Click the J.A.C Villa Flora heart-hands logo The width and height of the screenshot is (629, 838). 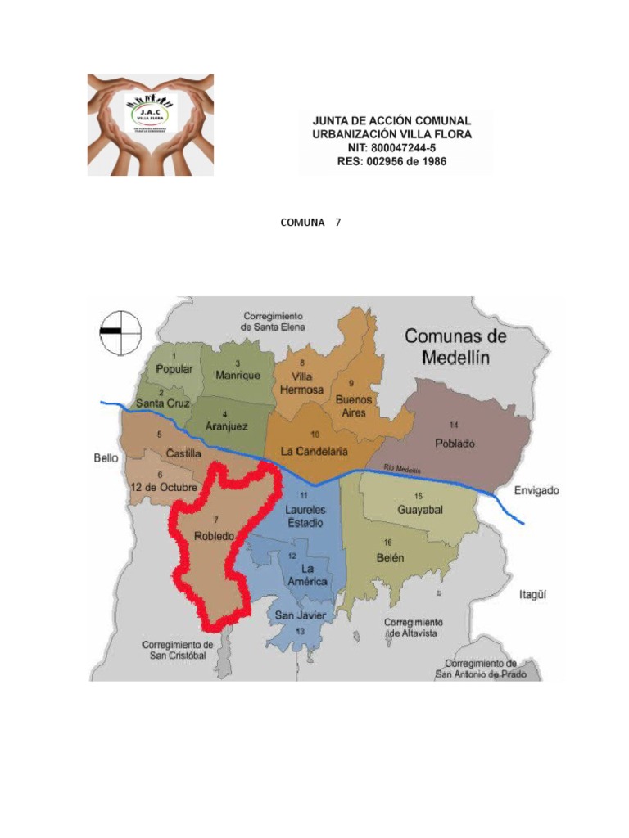[151, 124]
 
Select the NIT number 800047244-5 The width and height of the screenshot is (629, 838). [393, 147]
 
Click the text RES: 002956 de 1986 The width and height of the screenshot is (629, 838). [393, 162]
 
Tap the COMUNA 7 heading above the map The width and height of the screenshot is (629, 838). [310, 222]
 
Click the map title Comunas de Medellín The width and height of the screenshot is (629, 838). [455, 346]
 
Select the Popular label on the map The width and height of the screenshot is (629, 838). [174, 369]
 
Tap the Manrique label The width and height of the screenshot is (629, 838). [238, 375]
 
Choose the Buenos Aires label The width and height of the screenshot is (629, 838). [354, 406]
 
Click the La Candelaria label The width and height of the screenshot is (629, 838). [314, 451]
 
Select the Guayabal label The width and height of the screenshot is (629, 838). [419, 509]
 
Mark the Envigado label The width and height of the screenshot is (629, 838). [536, 491]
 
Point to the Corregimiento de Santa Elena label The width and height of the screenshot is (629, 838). [274, 321]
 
